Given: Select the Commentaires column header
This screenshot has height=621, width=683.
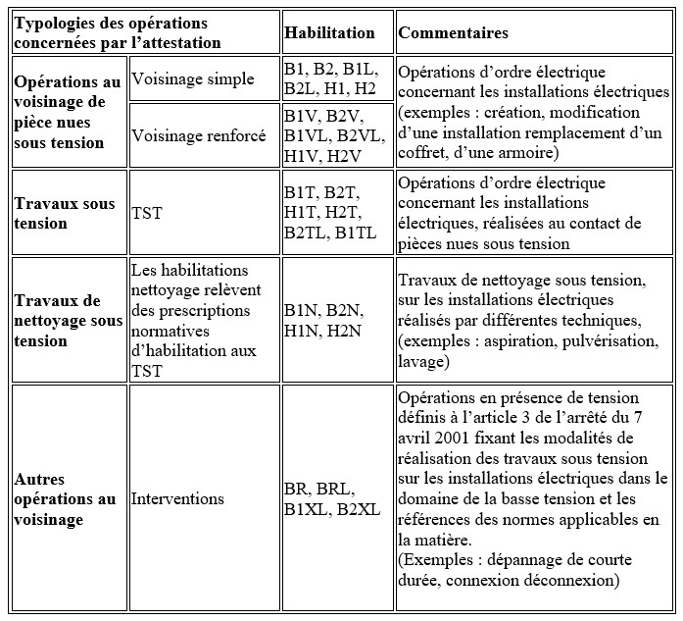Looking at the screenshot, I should pos(452,33).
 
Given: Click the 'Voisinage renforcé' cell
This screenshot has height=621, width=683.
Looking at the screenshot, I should pos(199,135).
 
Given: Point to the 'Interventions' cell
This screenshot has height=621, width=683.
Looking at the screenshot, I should pos(177,498).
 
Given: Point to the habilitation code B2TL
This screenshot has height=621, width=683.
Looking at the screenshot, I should pos(302,233).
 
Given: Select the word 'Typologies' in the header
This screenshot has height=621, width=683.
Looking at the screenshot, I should pos(55,24).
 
